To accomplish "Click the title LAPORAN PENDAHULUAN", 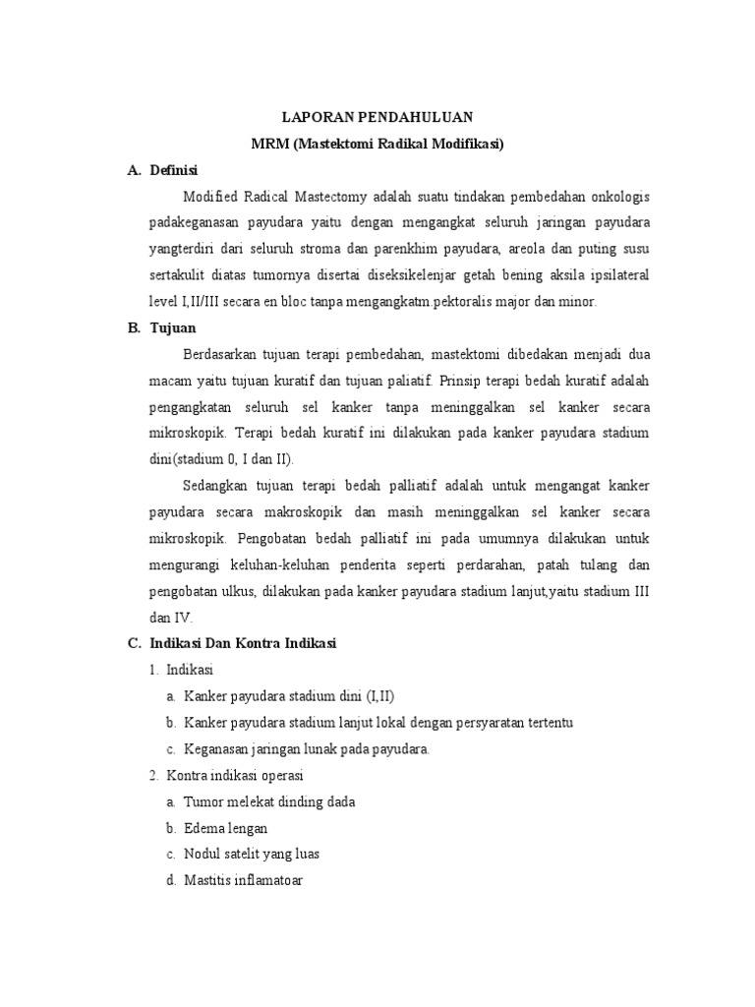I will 377,116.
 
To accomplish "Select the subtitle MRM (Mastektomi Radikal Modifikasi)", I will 377,143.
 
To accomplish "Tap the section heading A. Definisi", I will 163,170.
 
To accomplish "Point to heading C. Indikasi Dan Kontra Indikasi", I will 232,644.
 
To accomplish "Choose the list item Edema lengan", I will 225,828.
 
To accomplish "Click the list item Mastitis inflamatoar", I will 244,880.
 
